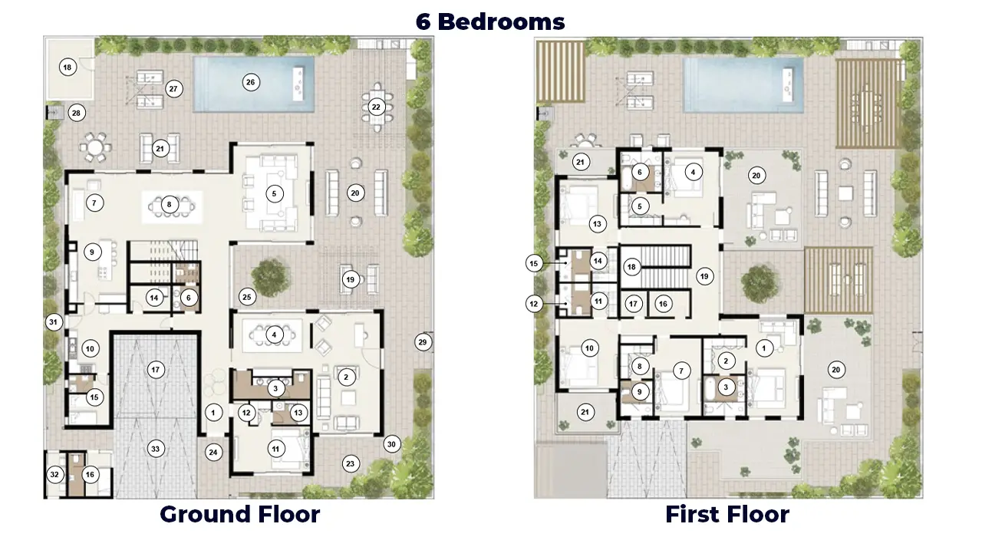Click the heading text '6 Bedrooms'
click(490, 21)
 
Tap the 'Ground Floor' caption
click(240, 514)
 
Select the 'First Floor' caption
click(727, 514)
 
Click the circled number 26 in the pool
click(251, 82)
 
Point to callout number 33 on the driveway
click(156, 449)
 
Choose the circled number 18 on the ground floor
click(68, 68)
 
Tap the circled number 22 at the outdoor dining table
click(376, 107)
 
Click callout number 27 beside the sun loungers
click(173, 89)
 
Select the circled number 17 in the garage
click(156, 370)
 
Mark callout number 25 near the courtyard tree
click(247, 297)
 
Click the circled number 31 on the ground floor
click(54, 322)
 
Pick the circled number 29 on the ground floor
click(423, 342)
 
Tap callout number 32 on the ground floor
click(54, 474)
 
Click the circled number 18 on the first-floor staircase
click(631, 266)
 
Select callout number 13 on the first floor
click(597, 224)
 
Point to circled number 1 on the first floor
click(764, 348)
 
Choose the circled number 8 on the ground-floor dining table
click(170, 204)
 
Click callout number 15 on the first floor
click(534, 263)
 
